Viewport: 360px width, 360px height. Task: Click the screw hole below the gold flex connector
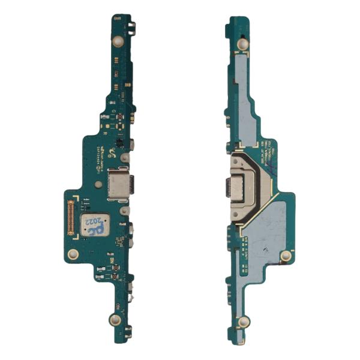click(73, 254)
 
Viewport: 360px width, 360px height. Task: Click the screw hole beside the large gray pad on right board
click(286, 256)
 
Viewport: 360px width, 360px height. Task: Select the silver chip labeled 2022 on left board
click(92, 224)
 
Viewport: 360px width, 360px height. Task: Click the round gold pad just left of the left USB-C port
click(124, 159)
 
